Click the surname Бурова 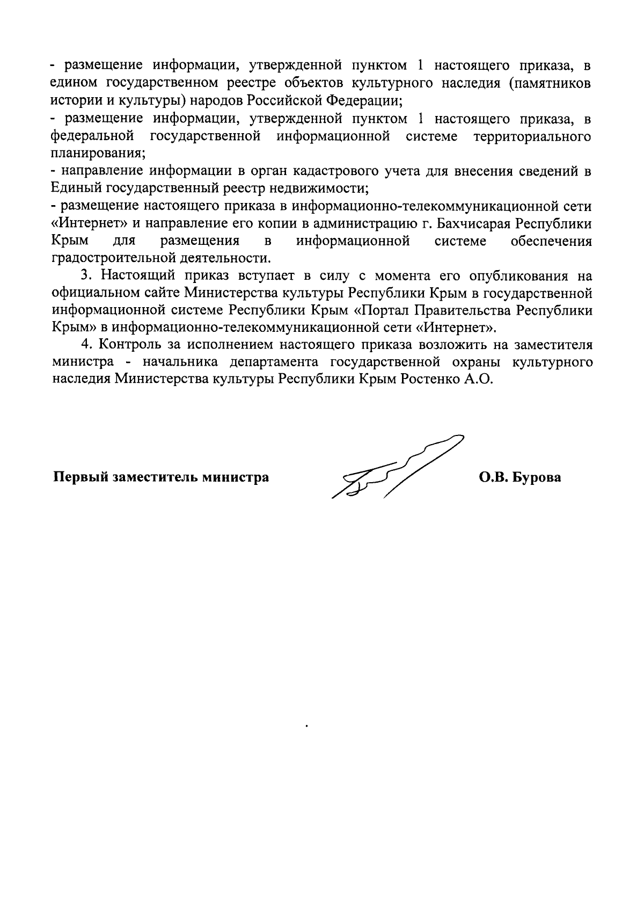537,477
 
